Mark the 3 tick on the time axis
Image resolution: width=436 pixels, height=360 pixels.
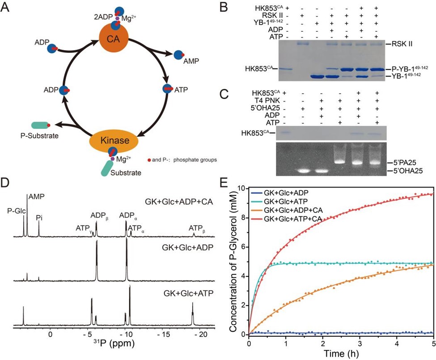(360, 343)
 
